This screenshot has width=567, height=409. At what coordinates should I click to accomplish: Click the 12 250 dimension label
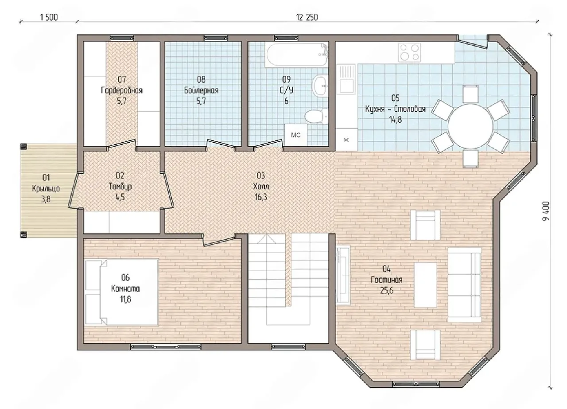[x=307, y=17]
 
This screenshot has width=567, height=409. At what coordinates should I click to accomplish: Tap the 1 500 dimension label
[x=49, y=17]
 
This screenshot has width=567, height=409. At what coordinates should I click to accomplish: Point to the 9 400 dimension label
[x=546, y=211]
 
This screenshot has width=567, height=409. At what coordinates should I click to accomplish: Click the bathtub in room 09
[x=297, y=55]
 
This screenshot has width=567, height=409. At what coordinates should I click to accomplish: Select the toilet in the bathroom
[x=316, y=116]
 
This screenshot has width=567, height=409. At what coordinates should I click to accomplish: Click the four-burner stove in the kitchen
[x=409, y=52]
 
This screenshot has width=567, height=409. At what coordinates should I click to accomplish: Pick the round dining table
[x=470, y=126]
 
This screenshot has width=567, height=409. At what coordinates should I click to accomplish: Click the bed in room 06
[x=122, y=292]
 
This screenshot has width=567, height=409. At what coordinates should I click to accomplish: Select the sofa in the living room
[x=465, y=285]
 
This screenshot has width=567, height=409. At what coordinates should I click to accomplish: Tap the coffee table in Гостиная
[x=425, y=285]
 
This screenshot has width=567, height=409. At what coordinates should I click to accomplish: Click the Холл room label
[x=261, y=187]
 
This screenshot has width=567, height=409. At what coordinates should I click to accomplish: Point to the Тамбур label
[x=120, y=187]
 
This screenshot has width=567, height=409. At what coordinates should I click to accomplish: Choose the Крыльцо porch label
[x=46, y=189]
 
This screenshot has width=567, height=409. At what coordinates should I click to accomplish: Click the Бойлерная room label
[x=201, y=90]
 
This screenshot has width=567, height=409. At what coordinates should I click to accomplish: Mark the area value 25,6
[x=387, y=291]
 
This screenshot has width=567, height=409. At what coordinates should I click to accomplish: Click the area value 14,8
[x=396, y=120]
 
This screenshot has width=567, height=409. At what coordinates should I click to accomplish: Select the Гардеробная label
[x=122, y=90]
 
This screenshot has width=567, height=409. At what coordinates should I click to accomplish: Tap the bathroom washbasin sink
[x=320, y=85]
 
